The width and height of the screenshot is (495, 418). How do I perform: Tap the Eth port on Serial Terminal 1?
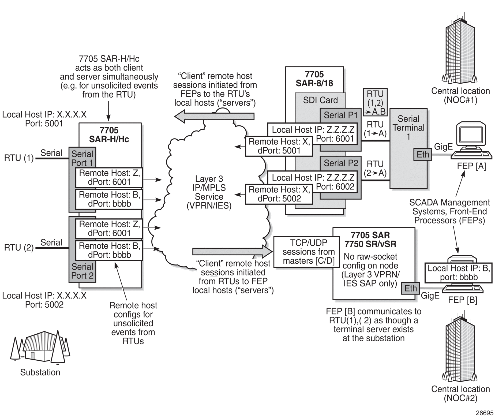[423, 154]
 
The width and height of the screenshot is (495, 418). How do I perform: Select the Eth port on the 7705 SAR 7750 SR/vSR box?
[410, 288]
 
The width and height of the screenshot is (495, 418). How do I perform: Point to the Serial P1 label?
[341, 115]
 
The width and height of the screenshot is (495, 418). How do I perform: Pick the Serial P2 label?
[341, 163]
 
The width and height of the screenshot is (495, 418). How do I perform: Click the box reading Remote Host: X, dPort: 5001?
[279, 146]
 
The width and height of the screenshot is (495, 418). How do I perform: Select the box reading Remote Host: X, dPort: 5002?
[279, 194]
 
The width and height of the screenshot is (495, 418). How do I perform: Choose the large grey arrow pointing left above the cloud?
[214, 116]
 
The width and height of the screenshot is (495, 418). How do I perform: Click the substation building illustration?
[40, 346]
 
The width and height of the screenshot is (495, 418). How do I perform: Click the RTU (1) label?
[19, 158]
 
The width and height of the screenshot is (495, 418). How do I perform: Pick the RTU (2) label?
[19, 248]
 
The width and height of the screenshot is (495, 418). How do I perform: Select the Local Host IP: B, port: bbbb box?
[459, 273]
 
